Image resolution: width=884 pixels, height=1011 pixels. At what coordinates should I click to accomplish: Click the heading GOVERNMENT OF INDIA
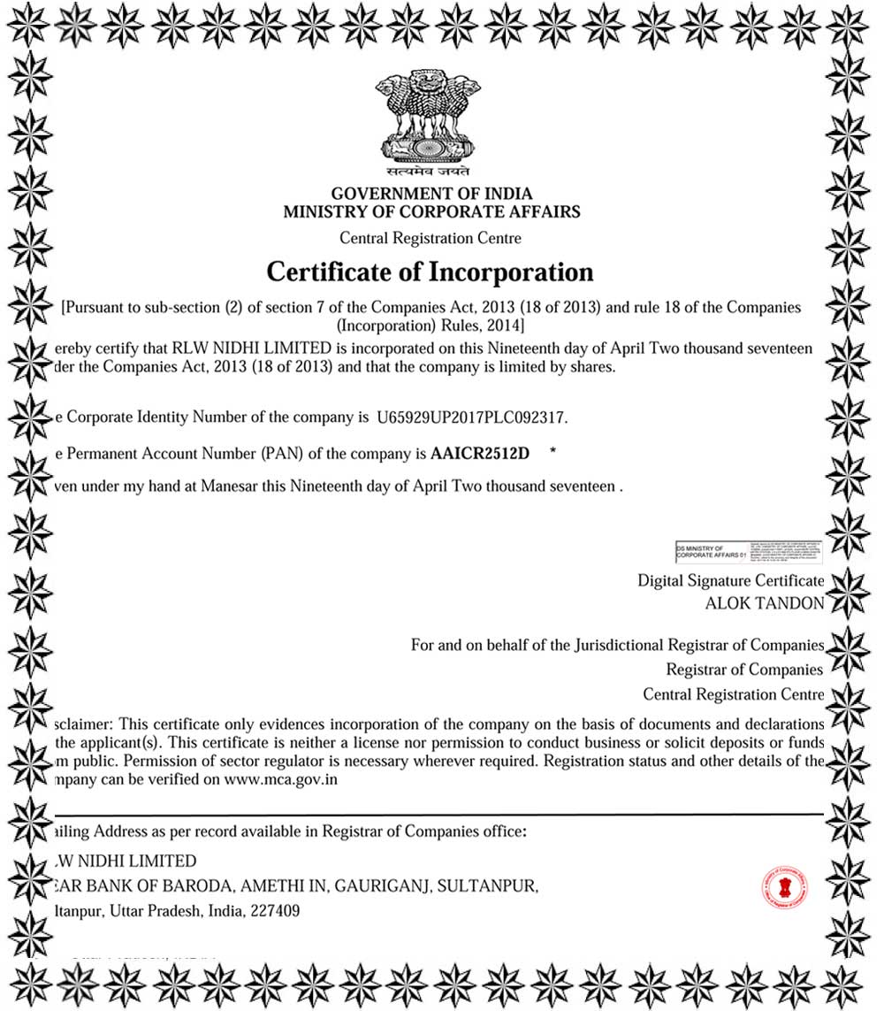point(431,194)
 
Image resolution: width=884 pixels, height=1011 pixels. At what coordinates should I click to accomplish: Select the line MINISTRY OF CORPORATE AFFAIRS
point(431,212)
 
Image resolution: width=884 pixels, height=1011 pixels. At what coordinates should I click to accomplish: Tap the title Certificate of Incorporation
point(430,271)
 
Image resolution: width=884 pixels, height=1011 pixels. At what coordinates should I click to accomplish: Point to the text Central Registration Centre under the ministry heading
point(431,238)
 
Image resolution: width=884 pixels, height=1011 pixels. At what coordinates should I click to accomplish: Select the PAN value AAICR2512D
point(480,454)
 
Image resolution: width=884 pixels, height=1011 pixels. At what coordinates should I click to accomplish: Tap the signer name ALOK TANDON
point(764,603)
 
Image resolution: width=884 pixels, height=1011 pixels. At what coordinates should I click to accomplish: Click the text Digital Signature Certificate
point(730,580)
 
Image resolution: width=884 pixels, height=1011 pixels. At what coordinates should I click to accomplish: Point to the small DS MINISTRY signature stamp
point(748,552)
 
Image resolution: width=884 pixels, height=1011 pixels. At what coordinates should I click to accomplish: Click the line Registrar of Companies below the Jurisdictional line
point(743,670)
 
